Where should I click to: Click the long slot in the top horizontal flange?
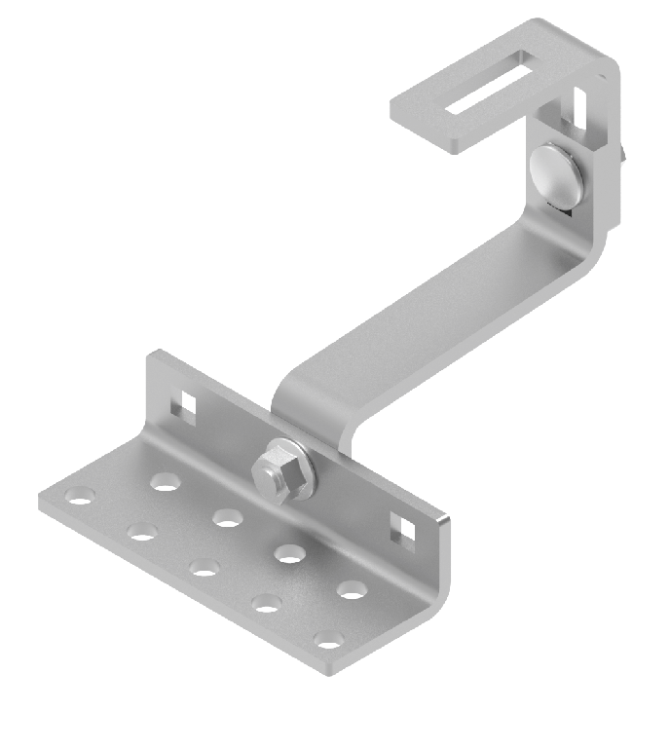pos(490,87)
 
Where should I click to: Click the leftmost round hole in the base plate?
pos(80,500)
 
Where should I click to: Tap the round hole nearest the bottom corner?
pos(330,641)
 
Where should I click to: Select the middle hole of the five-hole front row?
pos(205,567)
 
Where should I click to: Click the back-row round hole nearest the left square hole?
pos(166,480)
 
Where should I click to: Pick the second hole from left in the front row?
pos(142,532)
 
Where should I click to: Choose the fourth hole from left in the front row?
pos(267,603)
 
